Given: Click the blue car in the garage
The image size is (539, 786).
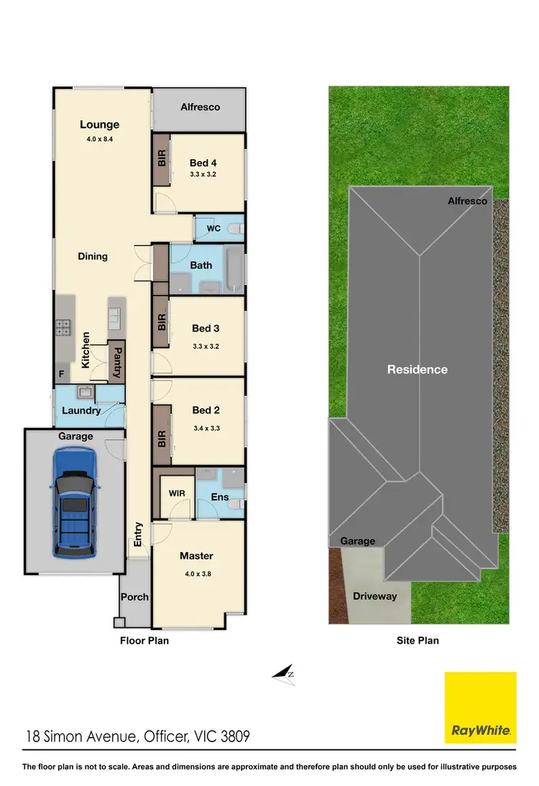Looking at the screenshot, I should (74, 503).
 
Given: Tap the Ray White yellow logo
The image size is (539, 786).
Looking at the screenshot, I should (480, 708).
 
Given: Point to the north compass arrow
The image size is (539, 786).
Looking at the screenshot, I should (284, 674).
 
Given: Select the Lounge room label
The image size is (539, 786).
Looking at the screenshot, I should (99, 124).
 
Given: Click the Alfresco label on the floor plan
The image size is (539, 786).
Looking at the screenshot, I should (200, 106).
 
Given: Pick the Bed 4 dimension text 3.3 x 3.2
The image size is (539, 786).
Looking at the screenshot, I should (203, 174).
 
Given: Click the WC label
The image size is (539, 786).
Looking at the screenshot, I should (213, 229).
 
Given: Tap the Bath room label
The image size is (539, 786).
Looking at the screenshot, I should (201, 265).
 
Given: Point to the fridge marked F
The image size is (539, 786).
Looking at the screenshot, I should (61, 375).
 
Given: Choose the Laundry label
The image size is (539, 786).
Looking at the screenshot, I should (81, 411).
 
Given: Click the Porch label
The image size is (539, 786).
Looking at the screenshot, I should (134, 597).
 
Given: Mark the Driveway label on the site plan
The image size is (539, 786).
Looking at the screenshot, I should (376, 596).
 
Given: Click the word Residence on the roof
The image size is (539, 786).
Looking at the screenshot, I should (417, 369).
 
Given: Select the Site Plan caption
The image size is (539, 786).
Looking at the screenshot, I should (417, 640).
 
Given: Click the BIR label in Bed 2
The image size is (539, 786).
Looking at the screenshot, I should (162, 439).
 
